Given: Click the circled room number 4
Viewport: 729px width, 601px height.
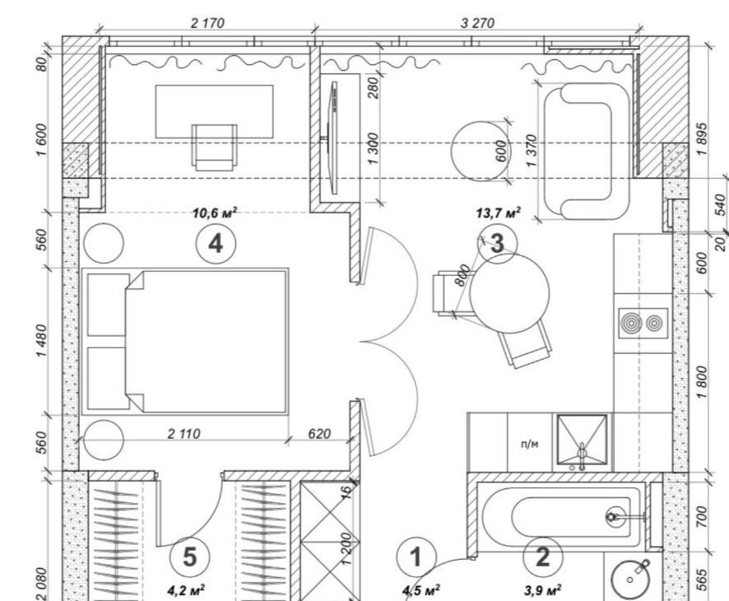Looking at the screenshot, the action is (216, 244).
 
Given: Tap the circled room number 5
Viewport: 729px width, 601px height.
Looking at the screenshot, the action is (190, 557).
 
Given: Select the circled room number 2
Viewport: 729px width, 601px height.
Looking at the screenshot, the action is (542, 557).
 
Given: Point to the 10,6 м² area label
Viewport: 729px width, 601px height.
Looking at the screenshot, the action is (215, 213).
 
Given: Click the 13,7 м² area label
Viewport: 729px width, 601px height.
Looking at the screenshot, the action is (498, 213).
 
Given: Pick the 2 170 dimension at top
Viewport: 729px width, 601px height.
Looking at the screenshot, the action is (208, 23).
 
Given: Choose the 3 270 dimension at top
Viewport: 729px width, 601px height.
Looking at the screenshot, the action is (477, 23).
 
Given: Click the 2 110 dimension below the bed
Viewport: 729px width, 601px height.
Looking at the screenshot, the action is (183, 434).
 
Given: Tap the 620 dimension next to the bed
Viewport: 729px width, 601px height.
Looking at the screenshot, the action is (319, 434).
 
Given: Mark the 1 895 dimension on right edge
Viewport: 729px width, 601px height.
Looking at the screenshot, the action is (702, 139).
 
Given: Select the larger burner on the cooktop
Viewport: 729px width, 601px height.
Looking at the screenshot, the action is (631, 323).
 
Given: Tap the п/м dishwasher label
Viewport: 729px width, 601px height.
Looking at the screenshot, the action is (530, 444).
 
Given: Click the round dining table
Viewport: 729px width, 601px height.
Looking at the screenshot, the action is (509, 294).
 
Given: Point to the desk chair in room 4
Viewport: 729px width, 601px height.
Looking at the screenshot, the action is (214, 147).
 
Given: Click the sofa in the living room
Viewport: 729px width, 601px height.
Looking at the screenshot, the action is (587, 151).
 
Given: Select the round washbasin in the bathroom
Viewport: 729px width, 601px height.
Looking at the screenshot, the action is (630, 580).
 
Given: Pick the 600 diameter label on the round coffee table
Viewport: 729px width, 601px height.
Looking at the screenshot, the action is (501, 151).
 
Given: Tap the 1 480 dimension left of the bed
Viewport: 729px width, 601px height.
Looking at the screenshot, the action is (42, 341).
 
